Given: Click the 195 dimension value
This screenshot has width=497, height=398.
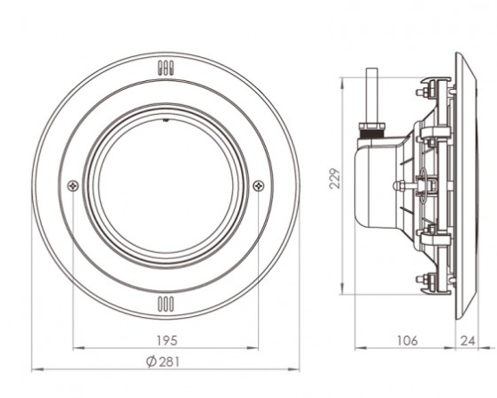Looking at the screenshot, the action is (x=167, y=340).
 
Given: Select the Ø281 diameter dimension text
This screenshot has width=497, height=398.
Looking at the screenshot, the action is (x=162, y=361).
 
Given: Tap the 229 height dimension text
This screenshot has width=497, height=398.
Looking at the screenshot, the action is (x=335, y=179).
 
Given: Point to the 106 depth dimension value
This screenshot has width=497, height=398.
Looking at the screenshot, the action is (x=407, y=340).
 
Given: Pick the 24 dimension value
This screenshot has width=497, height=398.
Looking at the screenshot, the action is (x=468, y=341).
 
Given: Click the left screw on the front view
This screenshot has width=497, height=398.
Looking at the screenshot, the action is (x=73, y=186).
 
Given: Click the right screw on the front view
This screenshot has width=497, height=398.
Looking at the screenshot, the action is (x=259, y=186).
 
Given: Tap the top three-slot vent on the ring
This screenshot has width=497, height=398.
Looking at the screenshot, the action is (x=166, y=68).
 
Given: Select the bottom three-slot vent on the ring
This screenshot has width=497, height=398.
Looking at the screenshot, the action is (x=166, y=304).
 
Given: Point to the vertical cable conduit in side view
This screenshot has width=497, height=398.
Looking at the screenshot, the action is (x=372, y=95).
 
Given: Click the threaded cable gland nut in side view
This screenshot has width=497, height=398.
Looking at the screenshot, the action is (x=371, y=131).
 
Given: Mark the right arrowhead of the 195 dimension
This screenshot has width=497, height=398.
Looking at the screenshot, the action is (x=253, y=348).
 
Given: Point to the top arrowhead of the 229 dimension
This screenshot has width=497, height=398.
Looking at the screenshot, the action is (x=342, y=83).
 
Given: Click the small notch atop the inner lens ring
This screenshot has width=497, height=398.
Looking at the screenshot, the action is (x=165, y=120).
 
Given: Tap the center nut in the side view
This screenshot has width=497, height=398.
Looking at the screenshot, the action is (x=399, y=185).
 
